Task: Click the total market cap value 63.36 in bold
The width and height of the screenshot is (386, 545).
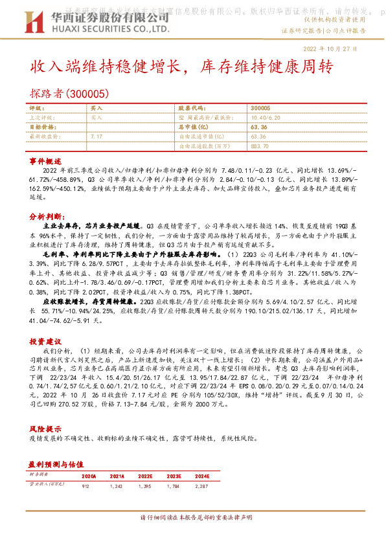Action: (257, 128)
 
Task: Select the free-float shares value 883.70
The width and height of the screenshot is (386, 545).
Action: (258, 146)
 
